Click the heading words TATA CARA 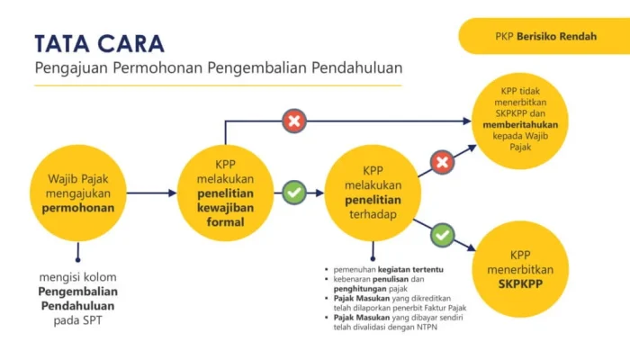(x=99, y=43)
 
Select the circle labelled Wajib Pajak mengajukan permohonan (x=78, y=193)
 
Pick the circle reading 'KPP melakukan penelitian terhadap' (x=373, y=193)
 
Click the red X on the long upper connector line (x=294, y=121)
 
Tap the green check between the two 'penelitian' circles (x=294, y=193)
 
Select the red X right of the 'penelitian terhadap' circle (x=441, y=163)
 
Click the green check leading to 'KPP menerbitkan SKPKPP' (x=442, y=235)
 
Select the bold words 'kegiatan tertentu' (x=415, y=269)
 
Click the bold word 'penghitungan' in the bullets (x=361, y=288)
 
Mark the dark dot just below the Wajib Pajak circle (x=78, y=259)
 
